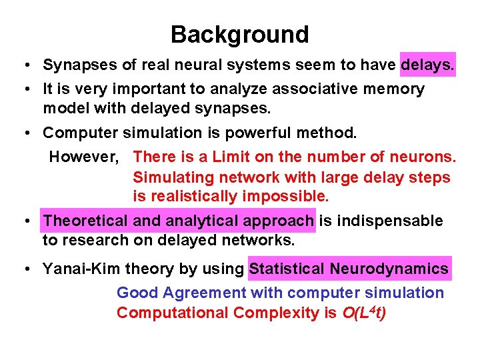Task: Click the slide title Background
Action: [239, 34]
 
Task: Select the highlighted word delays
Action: [427, 65]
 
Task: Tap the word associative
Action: [293, 89]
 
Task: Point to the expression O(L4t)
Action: [364, 312]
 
